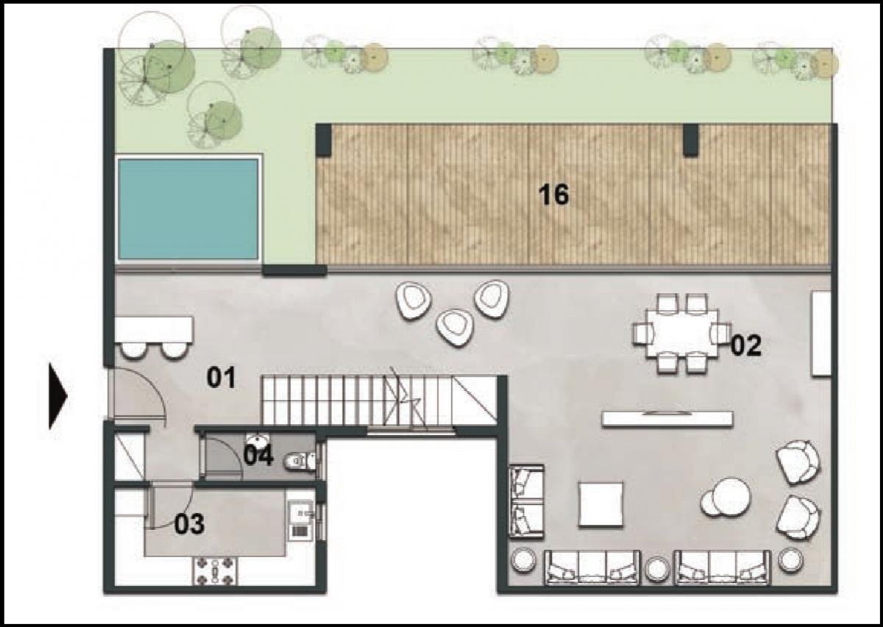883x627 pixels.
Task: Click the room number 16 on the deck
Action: coord(553,196)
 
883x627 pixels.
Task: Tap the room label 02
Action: coord(745,345)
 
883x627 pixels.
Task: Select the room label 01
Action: coord(221,379)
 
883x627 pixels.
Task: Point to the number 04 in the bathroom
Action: coord(258,456)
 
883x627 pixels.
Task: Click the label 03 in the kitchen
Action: coord(189,525)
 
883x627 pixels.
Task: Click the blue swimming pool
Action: coord(188,209)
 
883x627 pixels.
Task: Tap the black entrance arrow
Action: coord(57,395)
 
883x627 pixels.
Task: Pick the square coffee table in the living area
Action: coord(600,504)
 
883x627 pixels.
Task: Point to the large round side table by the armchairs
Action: coord(731,495)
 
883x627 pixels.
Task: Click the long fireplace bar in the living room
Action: coord(667,418)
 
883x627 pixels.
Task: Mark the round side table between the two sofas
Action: coord(658,567)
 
